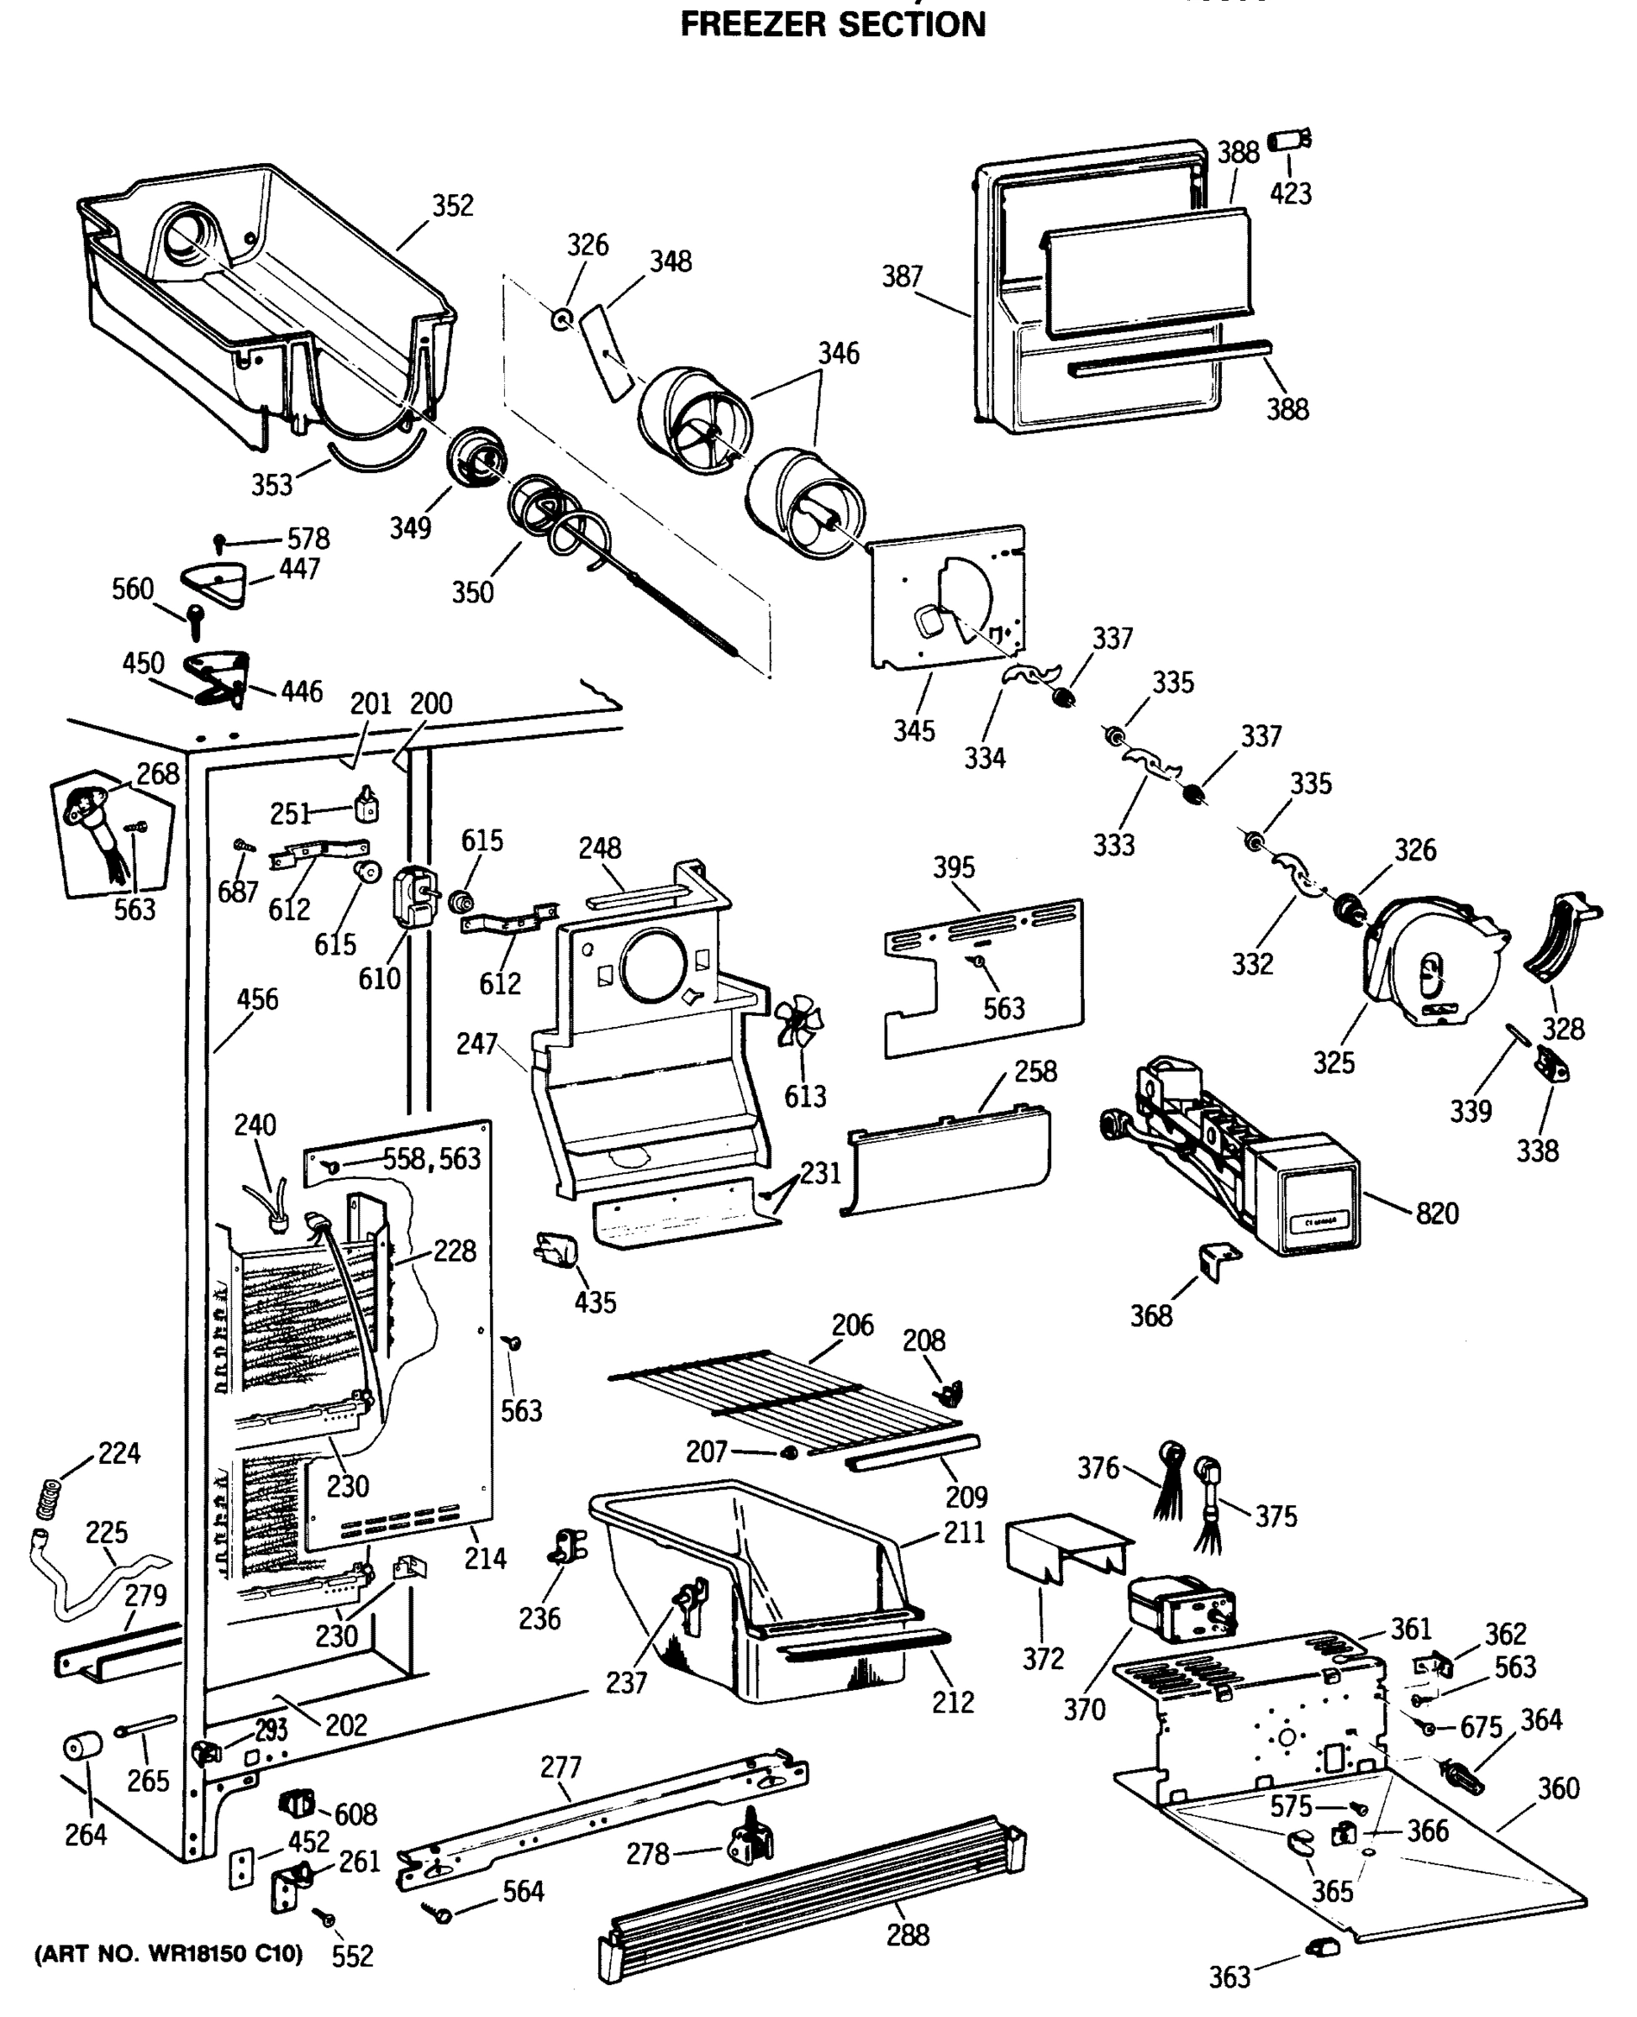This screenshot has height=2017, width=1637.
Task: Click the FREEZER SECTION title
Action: [x=833, y=24]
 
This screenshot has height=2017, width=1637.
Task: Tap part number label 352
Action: [x=453, y=206]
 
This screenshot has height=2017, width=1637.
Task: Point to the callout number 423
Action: [x=1290, y=193]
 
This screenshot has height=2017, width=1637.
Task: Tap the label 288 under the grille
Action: [x=907, y=1935]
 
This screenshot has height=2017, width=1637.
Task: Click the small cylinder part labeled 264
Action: [x=82, y=1746]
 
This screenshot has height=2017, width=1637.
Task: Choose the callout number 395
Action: [x=953, y=867]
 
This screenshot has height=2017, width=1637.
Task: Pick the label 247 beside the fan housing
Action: [x=476, y=1044]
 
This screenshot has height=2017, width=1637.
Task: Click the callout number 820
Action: [x=1436, y=1213]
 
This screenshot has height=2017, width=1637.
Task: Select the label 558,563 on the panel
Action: [x=431, y=1159]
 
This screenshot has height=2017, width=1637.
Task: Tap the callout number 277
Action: [x=561, y=1767]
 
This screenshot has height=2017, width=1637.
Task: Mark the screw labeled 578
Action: [x=219, y=542]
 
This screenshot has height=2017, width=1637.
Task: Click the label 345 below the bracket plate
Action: [x=913, y=731]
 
